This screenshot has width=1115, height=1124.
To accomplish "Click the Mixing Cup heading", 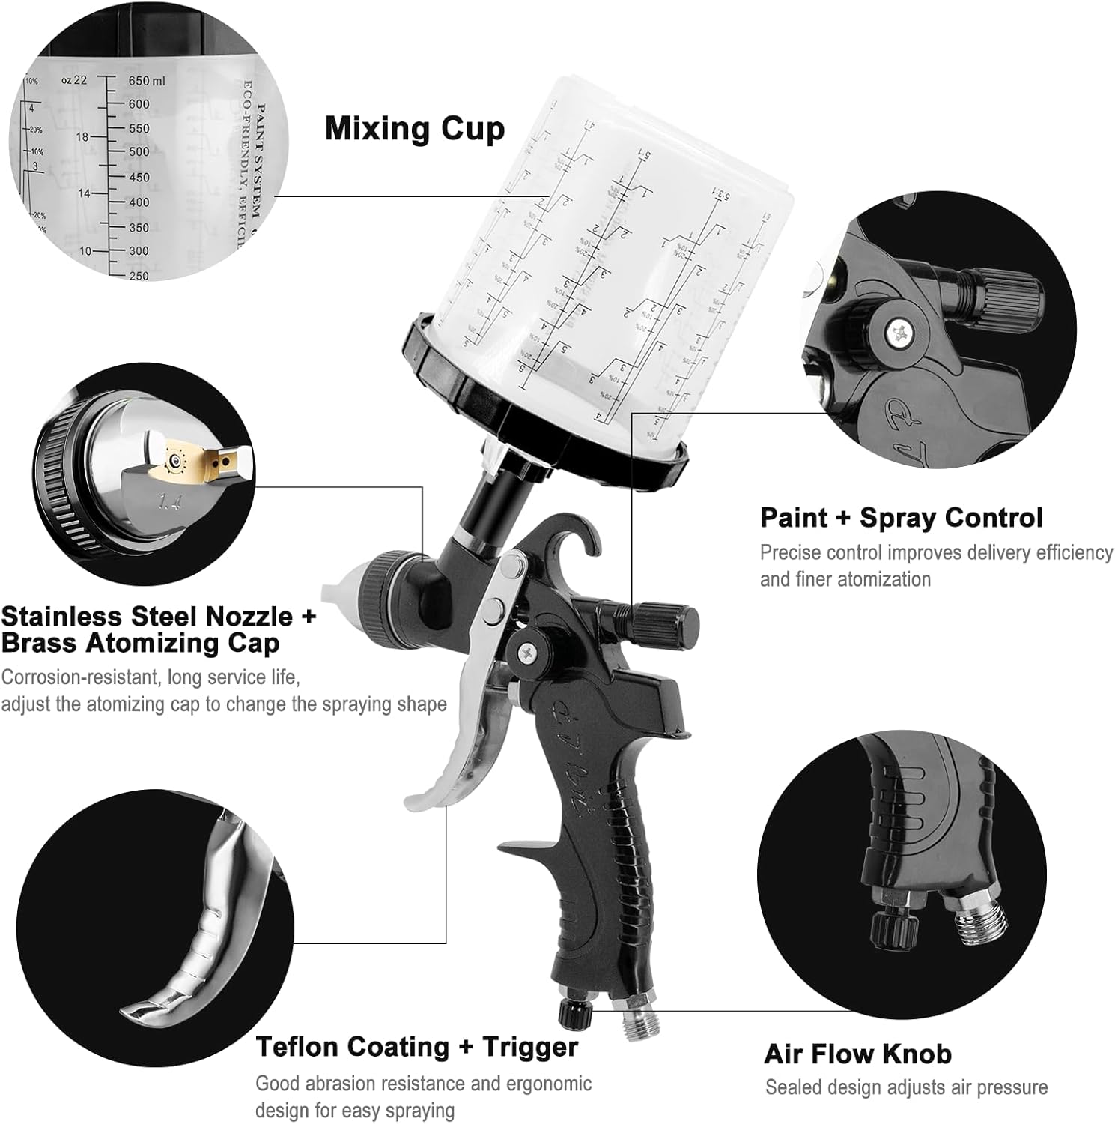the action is pos(414,129).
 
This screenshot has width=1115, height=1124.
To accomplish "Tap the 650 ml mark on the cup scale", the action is pos(147,81).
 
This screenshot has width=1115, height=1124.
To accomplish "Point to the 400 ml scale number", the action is pos(139,202).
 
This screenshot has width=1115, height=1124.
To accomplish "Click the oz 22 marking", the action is pos(74,80).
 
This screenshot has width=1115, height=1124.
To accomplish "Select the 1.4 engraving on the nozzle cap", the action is pos(171,500).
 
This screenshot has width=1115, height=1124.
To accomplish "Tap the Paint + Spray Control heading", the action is pos(901,518).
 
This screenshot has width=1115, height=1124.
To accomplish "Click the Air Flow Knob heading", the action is pos(857,1054).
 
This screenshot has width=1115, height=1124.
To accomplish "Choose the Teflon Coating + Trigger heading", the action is pos(416,1046).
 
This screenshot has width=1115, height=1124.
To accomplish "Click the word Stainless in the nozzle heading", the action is pos(61,616).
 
